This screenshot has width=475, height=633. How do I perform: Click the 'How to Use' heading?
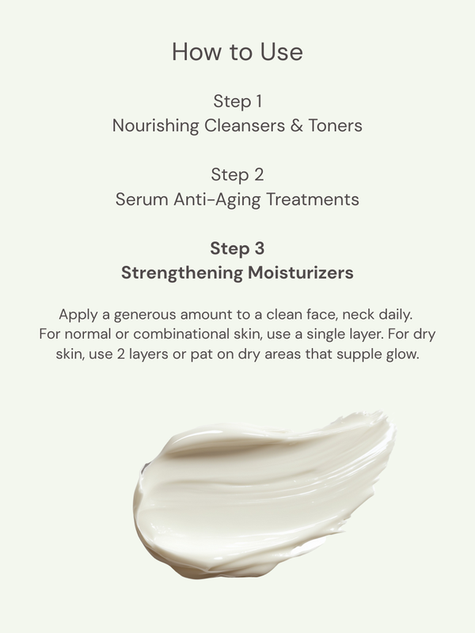point(237,52)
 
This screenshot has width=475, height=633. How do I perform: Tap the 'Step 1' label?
point(237,101)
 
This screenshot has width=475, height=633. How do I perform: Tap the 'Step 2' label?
point(237,174)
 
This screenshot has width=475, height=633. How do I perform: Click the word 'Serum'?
point(141,198)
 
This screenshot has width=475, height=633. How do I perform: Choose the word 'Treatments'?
point(310,198)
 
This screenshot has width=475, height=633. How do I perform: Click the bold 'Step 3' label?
point(237,248)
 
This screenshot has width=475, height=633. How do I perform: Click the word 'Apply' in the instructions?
point(76,313)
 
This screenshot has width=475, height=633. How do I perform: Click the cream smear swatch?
point(261,495)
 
